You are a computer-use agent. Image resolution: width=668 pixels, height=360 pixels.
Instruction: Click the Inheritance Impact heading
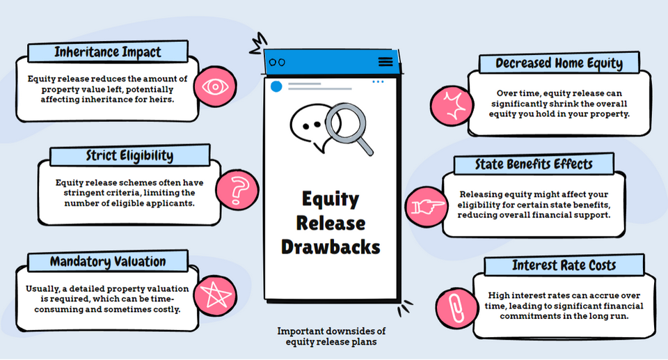[108, 52]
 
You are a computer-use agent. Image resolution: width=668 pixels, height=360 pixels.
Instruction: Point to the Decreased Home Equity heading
[559, 63]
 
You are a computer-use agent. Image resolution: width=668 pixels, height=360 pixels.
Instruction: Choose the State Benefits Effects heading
[534, 165]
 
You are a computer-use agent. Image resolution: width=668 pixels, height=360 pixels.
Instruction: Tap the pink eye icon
[216, 88]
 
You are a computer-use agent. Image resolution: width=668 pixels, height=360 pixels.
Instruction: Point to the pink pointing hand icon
[424, 207]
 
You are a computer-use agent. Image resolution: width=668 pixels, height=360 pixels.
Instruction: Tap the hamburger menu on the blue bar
[385, 61]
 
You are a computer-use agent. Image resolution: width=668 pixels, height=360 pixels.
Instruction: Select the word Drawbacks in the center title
[331, 246]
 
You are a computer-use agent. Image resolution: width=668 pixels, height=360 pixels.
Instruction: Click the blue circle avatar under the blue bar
[276, 86]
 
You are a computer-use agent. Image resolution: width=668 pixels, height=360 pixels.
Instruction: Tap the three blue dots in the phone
[378, 82]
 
